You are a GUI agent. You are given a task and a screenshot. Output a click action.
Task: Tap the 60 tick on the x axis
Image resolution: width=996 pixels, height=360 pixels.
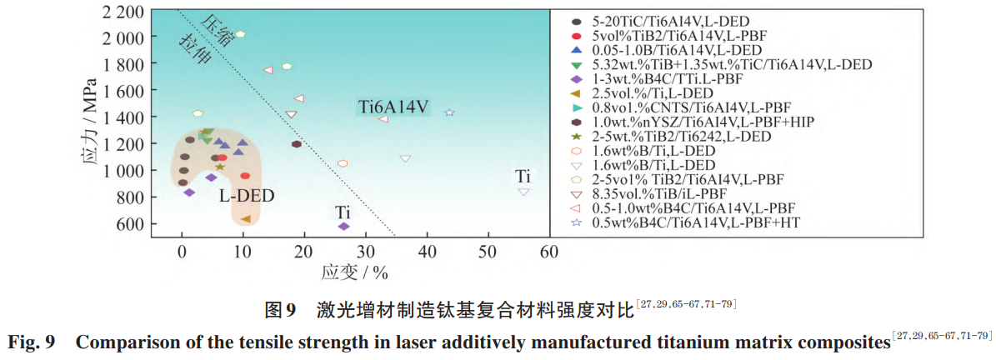549,252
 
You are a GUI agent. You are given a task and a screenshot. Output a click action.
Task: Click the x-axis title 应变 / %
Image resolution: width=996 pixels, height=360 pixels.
353,272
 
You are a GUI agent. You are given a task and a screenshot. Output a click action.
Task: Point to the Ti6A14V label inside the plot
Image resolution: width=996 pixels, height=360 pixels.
393,107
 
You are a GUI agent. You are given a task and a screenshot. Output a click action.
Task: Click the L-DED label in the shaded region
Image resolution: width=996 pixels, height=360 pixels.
247,197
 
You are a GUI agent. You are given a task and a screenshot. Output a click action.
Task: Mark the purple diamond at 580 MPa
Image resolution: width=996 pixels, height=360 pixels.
343,226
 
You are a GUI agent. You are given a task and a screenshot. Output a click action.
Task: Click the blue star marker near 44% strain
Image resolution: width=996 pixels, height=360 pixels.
449,112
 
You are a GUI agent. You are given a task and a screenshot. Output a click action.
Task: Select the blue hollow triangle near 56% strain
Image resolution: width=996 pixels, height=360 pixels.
523,192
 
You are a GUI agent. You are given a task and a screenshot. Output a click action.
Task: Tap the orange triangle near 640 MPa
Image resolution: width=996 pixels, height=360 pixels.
246,219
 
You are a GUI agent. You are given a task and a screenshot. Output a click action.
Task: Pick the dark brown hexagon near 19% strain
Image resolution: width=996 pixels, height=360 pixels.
297,144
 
